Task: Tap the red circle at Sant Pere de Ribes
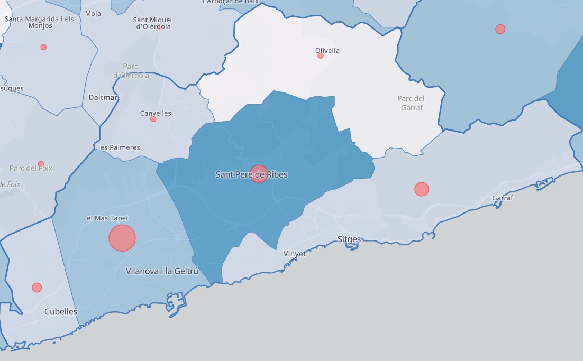coord(259,173)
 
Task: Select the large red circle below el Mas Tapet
coord(122,238)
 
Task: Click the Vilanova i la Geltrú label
coord(162,271)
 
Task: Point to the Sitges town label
coord(349,239)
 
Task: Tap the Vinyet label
coord(295,254)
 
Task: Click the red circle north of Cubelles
coord(37,288)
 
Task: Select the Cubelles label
coord(61,312)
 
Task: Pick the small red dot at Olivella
coord(320,55)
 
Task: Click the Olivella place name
coord(327,50)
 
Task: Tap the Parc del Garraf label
coord(411,103)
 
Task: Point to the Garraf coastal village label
coord(503,198)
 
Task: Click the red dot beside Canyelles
coord(153,119)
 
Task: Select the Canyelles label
coord(156,113)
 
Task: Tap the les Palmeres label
coord(120,147)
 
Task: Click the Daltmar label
coord(104,98)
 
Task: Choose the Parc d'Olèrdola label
coord(131,71)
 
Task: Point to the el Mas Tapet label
coord(107,218)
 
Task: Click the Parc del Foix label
coord(31,168)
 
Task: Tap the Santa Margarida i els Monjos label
coord(39,22)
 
